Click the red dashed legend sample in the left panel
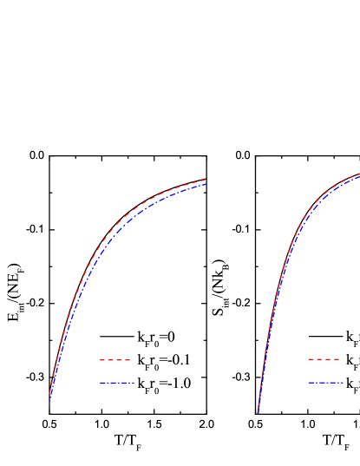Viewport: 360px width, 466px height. click(115, 359)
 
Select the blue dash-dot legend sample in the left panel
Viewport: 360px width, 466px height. click(117, 383)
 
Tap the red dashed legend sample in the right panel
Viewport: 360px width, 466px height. click(324, 359)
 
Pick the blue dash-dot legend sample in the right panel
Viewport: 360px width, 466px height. click(325, 382)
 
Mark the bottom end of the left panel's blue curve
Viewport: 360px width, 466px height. click(49, 404)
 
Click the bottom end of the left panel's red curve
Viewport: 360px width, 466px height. click(49, 396)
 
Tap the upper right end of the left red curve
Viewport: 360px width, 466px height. click(206, 180)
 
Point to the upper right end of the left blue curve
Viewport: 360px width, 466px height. click(206, 184)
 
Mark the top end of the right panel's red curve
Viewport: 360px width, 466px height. click(359, 175)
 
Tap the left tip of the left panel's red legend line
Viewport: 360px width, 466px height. click(100, 359)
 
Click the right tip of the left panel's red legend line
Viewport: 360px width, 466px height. click(130, 359)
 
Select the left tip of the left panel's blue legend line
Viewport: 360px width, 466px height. click(100, 383)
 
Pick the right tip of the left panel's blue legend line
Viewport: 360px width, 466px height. click(134, 383)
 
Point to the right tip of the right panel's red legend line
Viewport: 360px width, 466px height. click(339, 359)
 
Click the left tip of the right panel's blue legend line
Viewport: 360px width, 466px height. click(308, 382)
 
